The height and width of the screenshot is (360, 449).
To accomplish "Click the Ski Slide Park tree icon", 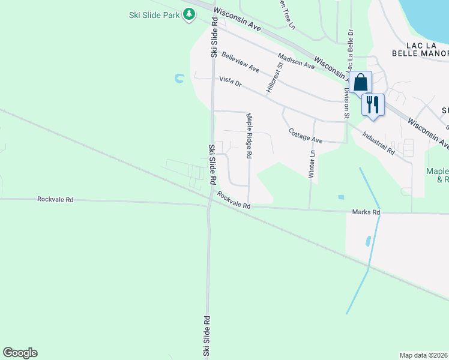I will click(190, 14).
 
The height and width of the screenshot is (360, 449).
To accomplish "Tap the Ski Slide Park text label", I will click(154, 14).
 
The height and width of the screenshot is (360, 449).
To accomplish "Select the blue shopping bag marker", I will click(361, 82).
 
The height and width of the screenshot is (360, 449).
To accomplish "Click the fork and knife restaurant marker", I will click(373, 104).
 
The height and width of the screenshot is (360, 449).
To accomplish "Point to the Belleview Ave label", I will click(240, 62).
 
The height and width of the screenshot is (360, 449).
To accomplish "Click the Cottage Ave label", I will click(306, 136).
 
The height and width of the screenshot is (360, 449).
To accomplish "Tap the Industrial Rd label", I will click(378, 142).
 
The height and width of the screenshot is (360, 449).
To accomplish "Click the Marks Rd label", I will click(366, 212).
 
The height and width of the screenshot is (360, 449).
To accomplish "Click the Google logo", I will click(20, 353).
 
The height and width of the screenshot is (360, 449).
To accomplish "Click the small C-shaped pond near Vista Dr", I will click(179, 78).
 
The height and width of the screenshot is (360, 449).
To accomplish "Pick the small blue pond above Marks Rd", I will click(341, 197).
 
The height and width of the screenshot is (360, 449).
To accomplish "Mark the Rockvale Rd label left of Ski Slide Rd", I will click(55, 199).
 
